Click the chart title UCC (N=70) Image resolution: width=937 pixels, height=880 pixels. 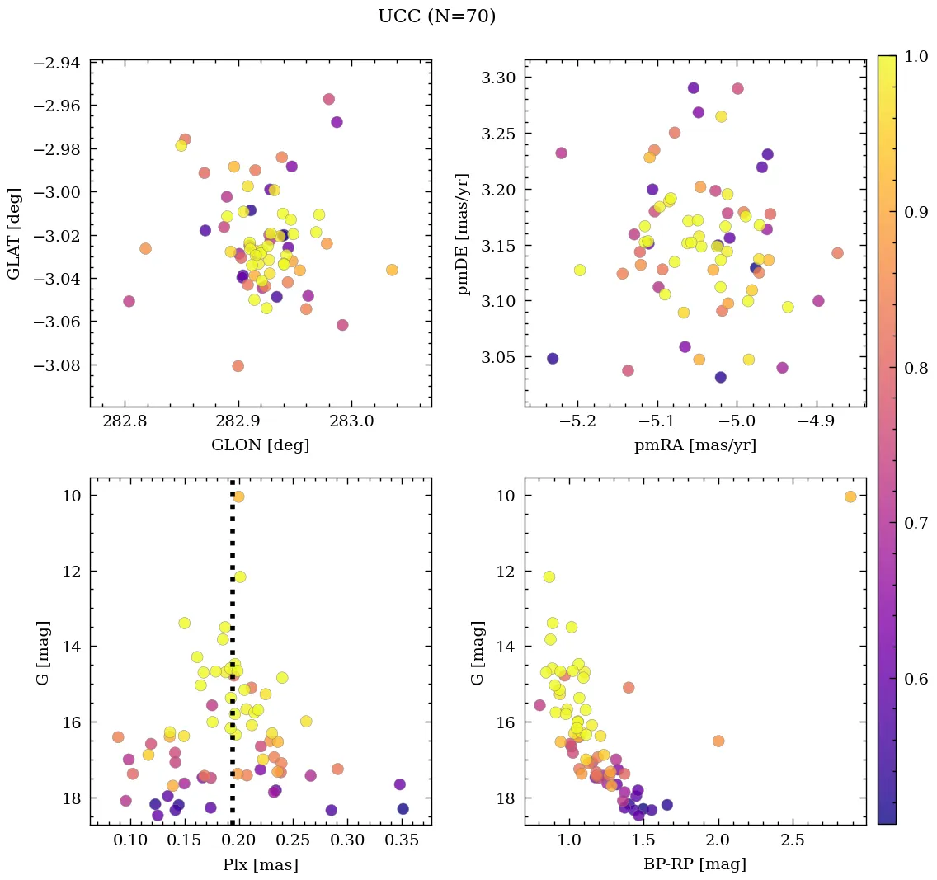[436, 16]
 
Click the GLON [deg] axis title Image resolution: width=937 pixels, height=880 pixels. [261, 445]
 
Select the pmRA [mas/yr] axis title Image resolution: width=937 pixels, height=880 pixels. [695, 445]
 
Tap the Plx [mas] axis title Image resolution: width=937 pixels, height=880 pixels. [261, 865]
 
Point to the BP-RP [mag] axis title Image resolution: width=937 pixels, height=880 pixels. [695, 865]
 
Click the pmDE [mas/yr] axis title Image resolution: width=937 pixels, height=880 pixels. [464, 233]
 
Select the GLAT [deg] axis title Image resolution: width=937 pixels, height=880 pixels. [15, 233]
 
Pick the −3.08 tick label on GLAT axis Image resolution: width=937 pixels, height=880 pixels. [57, 365]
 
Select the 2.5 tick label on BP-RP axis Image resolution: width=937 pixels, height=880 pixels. [793, 842]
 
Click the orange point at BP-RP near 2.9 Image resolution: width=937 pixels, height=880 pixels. [850, 496]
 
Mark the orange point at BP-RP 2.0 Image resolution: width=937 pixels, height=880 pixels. [718, 741]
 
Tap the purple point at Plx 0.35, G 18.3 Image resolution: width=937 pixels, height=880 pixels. [403, 809]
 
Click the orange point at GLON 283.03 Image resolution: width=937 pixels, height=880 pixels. [392, 270]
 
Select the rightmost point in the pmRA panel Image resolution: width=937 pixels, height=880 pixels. [837, 253]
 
